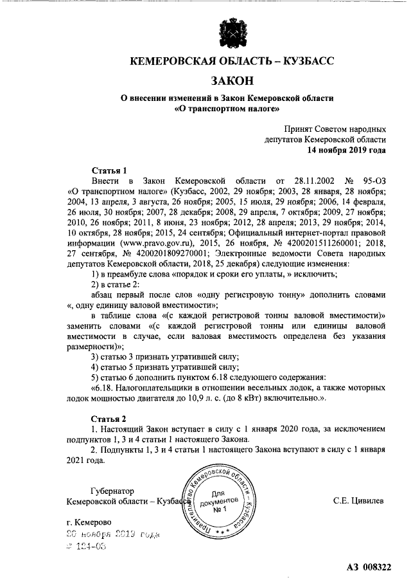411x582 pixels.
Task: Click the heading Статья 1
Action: (x=110, y=170)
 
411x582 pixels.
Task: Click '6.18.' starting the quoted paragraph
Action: (x=105, y=387)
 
